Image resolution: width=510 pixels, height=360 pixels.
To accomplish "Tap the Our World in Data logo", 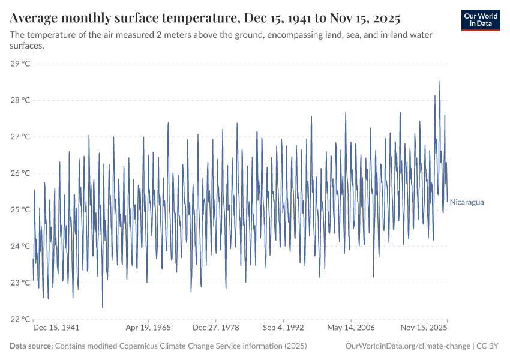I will coord(481,20).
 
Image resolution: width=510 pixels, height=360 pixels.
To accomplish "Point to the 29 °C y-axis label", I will coord(20,64).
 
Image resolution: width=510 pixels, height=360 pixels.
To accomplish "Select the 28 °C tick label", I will coord(20,100).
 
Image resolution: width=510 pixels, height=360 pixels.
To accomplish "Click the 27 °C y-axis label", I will coord(20,137).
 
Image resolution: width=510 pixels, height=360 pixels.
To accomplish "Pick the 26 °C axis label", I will coord(20,173).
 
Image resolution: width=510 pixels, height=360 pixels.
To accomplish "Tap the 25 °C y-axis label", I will coord(20,210).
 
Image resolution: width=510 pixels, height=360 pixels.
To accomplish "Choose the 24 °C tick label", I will coord(20,246).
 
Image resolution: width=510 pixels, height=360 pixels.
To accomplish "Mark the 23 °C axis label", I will coord(20,283).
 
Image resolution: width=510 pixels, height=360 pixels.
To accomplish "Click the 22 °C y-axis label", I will coord(20,319).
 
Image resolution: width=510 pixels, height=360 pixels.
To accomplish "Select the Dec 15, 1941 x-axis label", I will coord(56,328).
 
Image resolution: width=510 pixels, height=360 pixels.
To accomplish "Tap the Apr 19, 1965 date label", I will coord(148,328).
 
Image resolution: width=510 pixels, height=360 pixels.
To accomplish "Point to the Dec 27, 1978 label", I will coord(215,328).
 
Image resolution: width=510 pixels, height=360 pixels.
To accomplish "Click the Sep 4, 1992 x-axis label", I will coord(283,328).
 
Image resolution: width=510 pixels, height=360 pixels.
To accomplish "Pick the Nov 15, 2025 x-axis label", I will coord(424,328).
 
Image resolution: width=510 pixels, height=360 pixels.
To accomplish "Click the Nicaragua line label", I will coord(466,202).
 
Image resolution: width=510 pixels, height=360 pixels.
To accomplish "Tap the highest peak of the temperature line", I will coord(440,82).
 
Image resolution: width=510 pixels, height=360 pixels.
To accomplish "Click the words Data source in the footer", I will coord(31,346).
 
